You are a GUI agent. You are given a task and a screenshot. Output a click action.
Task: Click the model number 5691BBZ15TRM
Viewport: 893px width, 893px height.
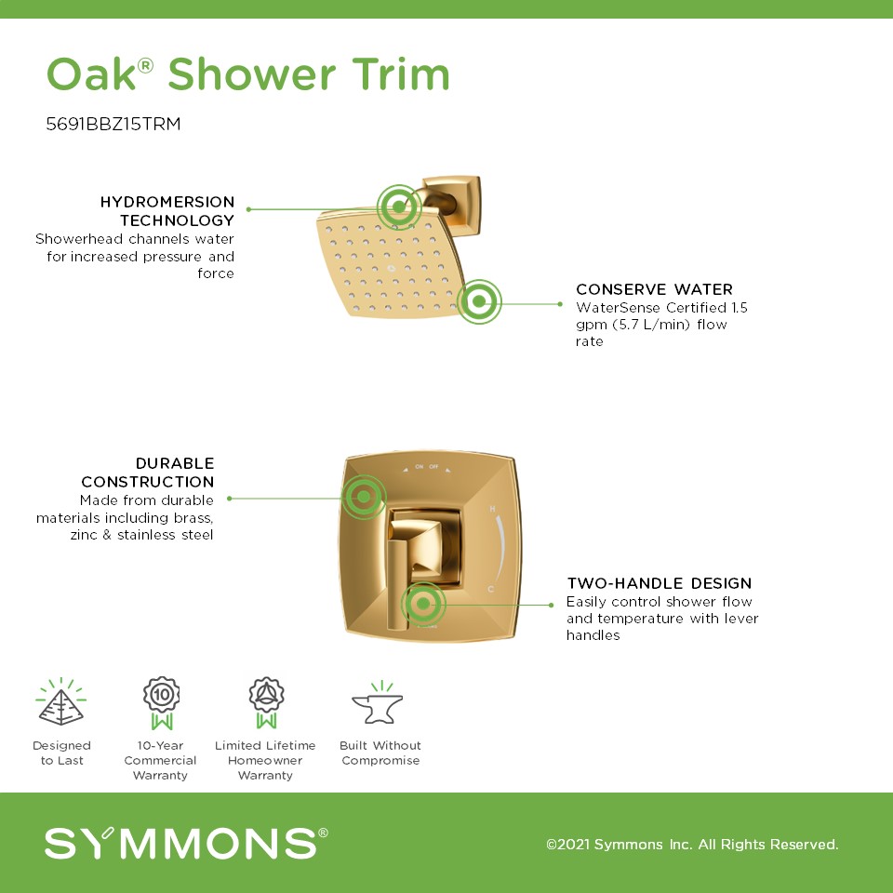click(x=113, y=124)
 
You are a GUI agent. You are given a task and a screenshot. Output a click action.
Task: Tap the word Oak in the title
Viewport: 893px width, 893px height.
click(x=92, y=74)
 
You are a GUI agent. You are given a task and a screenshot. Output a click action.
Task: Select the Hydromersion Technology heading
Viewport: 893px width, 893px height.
click(x=167, y=211)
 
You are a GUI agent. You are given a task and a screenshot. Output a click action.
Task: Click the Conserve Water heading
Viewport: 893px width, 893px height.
click(x=654, y=289)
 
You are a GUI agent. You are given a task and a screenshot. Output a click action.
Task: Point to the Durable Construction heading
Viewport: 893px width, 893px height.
click(x=148, y=473)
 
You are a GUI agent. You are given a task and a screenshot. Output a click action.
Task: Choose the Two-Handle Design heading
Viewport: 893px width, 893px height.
click(x=660, y=583)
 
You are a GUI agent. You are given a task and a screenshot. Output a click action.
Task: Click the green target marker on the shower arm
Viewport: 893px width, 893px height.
click(x=399, y=207)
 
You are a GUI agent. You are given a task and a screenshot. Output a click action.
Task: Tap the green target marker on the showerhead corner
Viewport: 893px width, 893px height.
click(x=480, y=301)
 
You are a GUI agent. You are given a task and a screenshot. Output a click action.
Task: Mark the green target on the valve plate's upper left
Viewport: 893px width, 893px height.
click(x=364, y=497)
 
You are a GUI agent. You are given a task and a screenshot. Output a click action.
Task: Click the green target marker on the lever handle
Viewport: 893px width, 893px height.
click(x=423, y=604)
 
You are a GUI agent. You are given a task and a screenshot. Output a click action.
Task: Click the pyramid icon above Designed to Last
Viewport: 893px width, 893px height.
click(x=61, y=701)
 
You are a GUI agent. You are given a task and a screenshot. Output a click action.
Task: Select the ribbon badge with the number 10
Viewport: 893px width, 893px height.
click(x=162, y=703)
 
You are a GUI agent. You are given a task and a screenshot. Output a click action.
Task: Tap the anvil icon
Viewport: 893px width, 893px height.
click(x=378, y=703)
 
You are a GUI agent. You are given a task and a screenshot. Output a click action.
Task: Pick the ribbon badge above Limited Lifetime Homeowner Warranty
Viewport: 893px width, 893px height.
click(x=267, y=703)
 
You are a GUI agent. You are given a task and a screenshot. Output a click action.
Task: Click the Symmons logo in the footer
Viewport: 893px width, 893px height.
click(x=186, y=843)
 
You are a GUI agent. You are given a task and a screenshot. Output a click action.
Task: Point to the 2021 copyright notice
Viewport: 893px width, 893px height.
click(x=692, y=844)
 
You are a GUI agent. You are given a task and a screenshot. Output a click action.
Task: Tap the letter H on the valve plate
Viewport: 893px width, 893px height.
click(x=493, y=509)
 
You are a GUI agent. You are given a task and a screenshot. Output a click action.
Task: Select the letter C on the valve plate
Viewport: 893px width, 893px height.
click(x=491, y=589)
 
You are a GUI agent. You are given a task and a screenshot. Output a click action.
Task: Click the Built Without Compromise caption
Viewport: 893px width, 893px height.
click(x=380, y=753)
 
